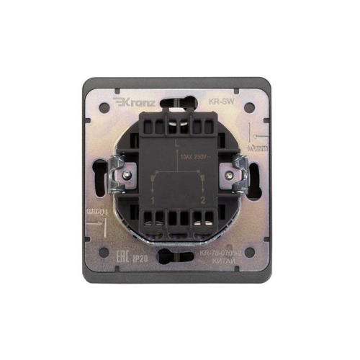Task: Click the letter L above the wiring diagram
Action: tap(176, 145)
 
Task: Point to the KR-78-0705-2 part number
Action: tap(219, 255)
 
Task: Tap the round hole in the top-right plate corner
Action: tap(251, 109)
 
